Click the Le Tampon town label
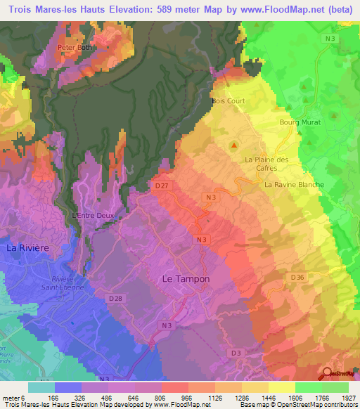[186, 278]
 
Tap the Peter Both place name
[75, 48]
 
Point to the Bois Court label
[229, 101]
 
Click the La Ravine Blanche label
[294, 185]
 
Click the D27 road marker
[161, 186]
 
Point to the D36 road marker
[297, 278]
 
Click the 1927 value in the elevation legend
[343, 397]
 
